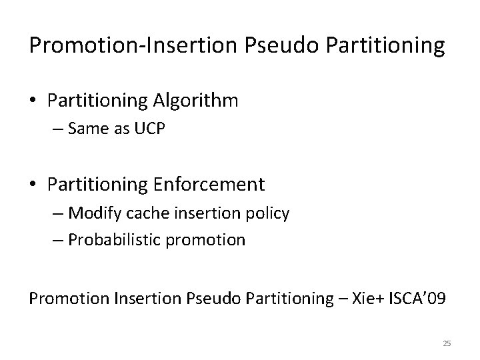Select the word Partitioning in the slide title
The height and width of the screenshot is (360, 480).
[x=388, y=45]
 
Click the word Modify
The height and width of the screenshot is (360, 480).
[x=93, y=214]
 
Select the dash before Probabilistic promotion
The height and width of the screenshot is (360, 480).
[x=57, y=240]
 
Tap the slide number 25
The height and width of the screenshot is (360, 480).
[x=447, y=343]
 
